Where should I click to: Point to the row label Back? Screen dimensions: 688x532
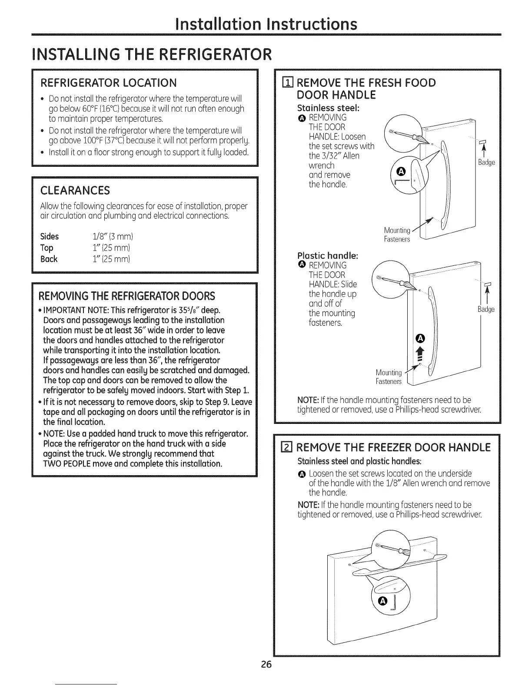tap(49, 259)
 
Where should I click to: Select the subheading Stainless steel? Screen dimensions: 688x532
tap(322, 107)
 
